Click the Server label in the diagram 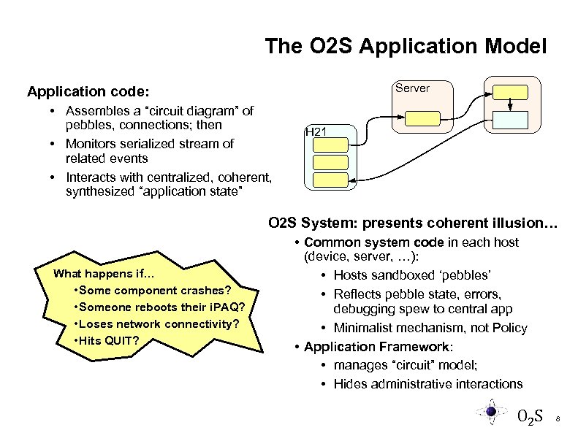(x=412, y=88)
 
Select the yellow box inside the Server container (x=423, y=118)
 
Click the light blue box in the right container (x=510, y=120)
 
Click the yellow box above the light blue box (x=510, y=92)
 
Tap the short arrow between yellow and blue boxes (x=510, y=106)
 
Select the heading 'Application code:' (x=88, y=92)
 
